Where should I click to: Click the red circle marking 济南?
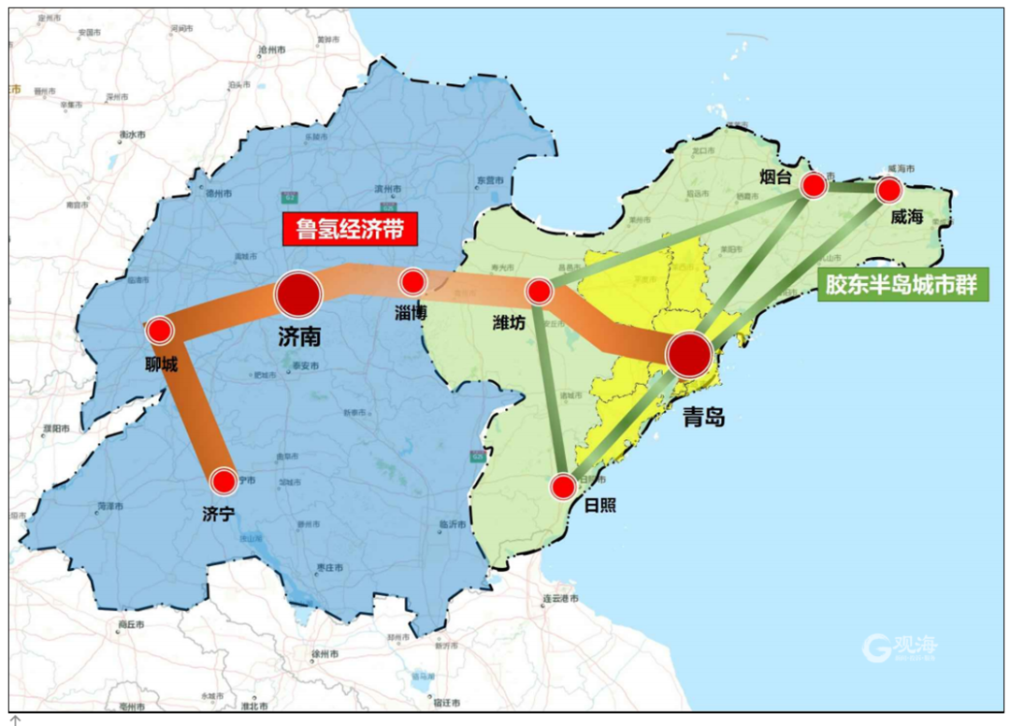pyautogui.click(x=298, y=293)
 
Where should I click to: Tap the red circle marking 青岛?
pyautogui.click(x=689, y=354)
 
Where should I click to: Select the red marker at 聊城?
pyautogui.click(x=160, y=330)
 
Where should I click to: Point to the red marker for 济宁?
pyautogui.click(x=224, y=481)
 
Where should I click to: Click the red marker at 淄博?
pyautogui.click(x=412, y=280)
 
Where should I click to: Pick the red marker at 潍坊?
pyautogui.click(x=539, y=292)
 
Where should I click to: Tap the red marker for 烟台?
pyautogui.click(x=814, y=186)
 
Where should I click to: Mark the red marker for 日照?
pyautogui.click(x=563, y=486)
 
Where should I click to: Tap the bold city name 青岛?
pyautogui.click(x=703, y=418)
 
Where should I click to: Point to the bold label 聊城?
pyautogui.click(x=161, y=363)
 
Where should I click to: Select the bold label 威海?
pyautogui.click(x=906, y=217)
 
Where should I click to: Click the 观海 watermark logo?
pyautogui.click(x=899, y=645)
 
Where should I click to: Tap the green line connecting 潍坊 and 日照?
pyautogui.click(x=551, y=389)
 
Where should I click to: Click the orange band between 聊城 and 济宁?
pyautogui.click(x=195, y=410)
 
